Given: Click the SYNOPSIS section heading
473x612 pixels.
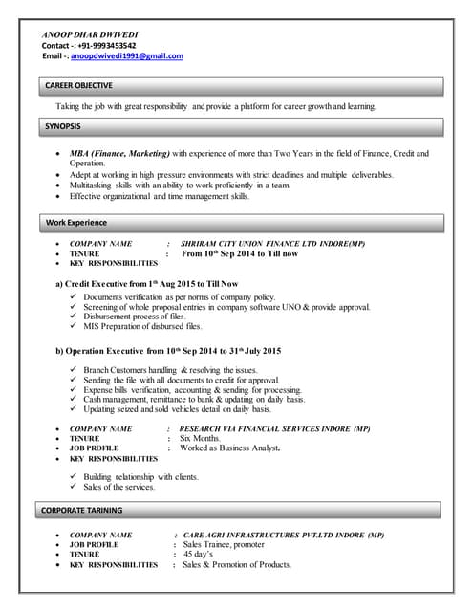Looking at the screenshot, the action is [x=63, y=126].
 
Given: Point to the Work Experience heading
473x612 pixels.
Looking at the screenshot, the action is [x=76, y=223].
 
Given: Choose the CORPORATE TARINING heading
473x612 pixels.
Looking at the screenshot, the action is [x=85, y=511].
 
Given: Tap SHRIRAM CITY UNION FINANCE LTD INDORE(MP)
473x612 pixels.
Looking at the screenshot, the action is [x=272, y=244].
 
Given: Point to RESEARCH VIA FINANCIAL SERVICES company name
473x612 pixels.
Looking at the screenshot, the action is [x=274, y=429].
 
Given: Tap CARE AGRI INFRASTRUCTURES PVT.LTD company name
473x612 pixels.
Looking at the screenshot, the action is [x=283, y=535].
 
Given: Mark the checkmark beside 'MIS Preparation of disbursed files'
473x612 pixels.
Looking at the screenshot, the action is [x=74, y=327].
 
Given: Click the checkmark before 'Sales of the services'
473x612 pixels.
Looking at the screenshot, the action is [x=74, y=487].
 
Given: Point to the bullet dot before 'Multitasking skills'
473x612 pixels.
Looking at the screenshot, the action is [x=59, y=186].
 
